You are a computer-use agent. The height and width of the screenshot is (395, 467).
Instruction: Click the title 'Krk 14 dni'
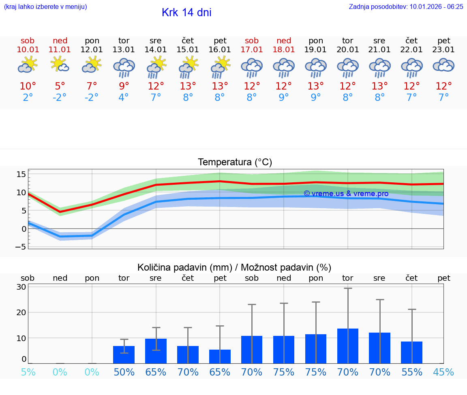tap(186, 13)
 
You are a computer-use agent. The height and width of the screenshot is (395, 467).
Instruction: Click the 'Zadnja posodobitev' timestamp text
tap(406, 7)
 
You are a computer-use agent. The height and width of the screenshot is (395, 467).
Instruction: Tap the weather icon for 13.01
tap(124, 67)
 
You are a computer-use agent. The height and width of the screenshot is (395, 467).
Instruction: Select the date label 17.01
tap(252, 50)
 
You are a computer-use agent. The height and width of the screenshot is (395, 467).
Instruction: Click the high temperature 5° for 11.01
tap(60, 86)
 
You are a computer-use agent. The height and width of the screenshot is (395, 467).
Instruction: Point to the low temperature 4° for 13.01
tap(124, 98)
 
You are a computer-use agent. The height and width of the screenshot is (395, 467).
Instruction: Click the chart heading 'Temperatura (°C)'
tap(235, 162)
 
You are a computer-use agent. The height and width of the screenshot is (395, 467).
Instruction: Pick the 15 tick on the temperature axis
tap(21, 174)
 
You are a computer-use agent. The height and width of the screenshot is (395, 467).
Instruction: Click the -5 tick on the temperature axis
tap(21, 247)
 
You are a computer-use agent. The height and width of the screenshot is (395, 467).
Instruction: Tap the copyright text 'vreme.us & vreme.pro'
tap(346, 194)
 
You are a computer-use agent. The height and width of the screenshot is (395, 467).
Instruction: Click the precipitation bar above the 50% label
tap(124, 354)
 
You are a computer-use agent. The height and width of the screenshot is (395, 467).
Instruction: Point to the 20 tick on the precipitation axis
tap(21, 312)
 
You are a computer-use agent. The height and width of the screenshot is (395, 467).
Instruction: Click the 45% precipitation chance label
tap(444, 372)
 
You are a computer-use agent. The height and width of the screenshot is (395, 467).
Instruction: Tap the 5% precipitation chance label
tap(28, 372)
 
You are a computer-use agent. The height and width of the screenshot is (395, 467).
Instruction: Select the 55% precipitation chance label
tap(412, 372)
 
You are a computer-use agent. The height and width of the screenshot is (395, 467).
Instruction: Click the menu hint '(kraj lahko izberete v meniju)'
tap(45, 7)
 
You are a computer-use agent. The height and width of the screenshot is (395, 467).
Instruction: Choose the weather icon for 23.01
tap(444, 65)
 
